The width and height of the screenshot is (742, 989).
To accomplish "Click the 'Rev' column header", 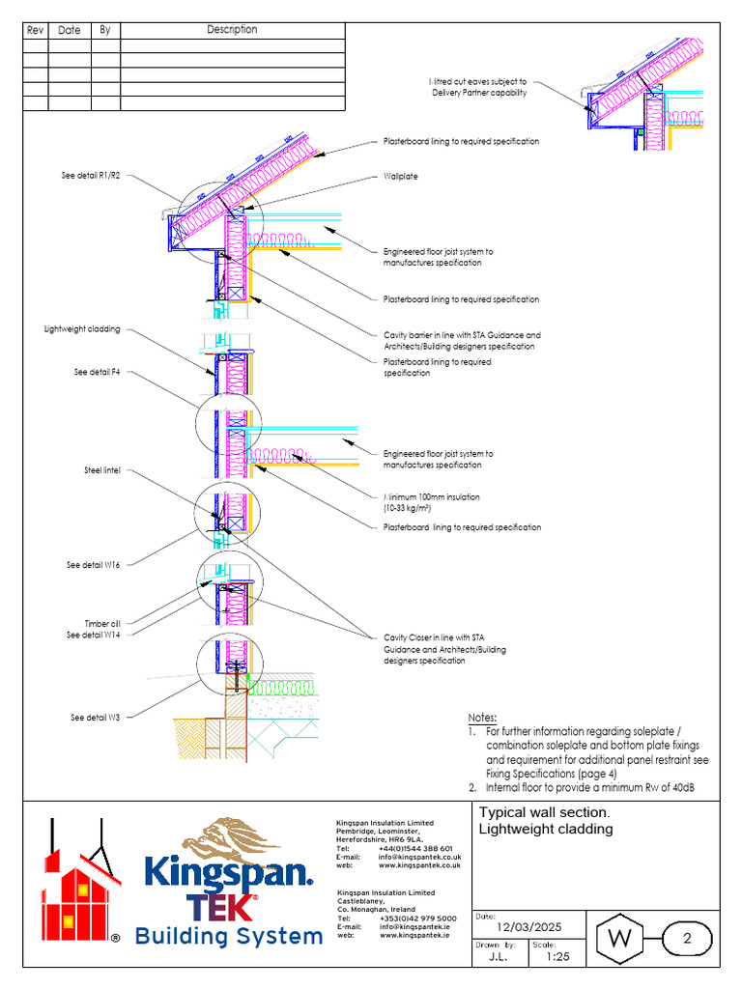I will click(36, 30).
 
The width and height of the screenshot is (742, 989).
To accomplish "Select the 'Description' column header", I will click(232, 30).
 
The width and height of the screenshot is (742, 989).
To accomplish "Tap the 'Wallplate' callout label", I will click(400, 177).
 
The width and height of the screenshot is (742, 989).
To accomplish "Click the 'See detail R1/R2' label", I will click(91, 176).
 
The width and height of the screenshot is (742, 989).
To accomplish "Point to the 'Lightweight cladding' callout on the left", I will click(82, 329).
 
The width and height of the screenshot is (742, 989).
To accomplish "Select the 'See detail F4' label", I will click(97, 372).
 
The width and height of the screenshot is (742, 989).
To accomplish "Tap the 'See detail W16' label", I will click(94, 565).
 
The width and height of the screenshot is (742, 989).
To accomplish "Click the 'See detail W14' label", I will click(94, 635).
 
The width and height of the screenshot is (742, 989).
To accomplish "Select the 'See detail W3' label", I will click(95, 718).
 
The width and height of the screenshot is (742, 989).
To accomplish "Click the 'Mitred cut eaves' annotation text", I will click(478, 87).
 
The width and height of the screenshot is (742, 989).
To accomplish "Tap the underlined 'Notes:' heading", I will click(481, 719).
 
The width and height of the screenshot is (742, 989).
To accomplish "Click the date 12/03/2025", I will click(528, 926).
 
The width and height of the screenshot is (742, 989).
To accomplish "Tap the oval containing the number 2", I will click(687, 938).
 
